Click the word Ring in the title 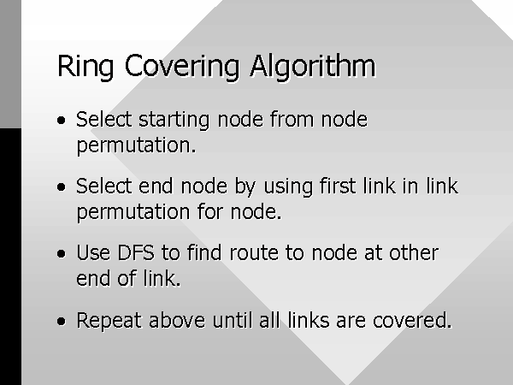click(x=85, y=67)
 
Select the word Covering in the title click(x=182, y=67)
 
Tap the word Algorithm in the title click(x=313, y=67)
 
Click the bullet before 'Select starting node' click(x=62, y=120)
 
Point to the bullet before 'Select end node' click(x=62, y=187)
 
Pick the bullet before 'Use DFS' click(x=62, y=254)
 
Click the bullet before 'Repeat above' click(x=62, y=321)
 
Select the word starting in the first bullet click(x=174, y=120)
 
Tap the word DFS click(x=136, y=252)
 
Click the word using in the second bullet click(x=288, y=187)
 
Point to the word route click(x=254, y=253)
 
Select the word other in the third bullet click(x=414, y=252)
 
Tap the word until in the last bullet click(x=233, y=319)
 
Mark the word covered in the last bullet click(x=412, y=320)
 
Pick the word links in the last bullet click(x=309, y=319)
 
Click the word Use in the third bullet click(x=93, y=252)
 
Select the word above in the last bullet click(x=177, y=319)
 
